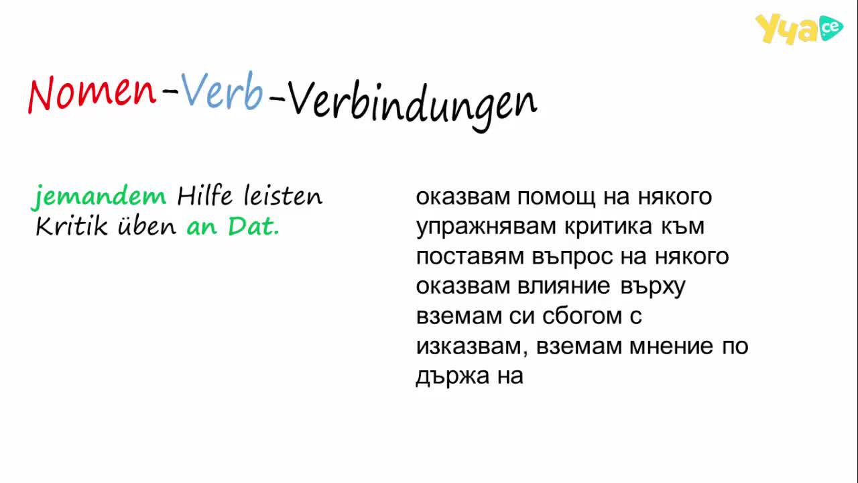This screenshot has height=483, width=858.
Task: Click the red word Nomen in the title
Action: point(92,95)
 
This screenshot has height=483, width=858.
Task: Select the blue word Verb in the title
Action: point(222,91)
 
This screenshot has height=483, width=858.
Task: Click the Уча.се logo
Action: point(798,29)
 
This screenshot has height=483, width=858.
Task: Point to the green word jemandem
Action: point(99,197)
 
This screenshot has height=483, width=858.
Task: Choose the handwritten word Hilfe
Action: point(204,195)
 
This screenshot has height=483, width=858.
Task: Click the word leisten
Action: point(283,195)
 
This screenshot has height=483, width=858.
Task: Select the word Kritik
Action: point(72,225)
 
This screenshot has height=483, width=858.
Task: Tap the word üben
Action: point(147,225)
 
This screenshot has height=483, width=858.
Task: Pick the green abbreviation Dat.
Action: point(253,226)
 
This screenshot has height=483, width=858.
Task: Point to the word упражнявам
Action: point(486,227)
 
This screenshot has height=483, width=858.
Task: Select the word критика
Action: point(608,226)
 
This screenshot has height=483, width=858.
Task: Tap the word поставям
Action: point(470,256)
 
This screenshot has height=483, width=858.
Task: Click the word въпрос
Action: point(572,258)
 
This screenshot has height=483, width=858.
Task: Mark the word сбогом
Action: point(582,316)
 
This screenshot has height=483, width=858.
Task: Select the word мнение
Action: point(672,346)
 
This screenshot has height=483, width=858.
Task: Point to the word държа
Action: point(452,377)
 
